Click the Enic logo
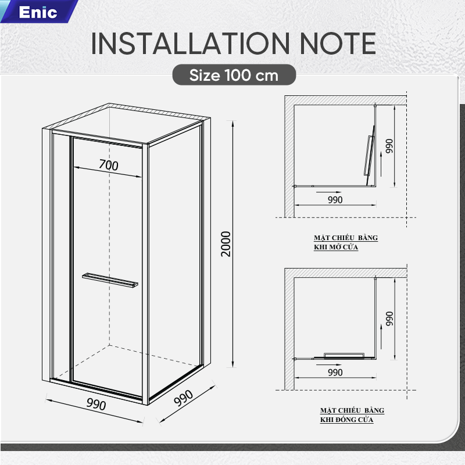(x=38, y=12)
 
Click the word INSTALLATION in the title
(x=191, y=44)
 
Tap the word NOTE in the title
(x=338, y=44)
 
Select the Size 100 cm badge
(x=234, y=75)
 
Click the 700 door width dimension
(x=109, y=165)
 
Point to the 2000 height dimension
(x=226, y=244)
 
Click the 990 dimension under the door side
(x=96, y=404)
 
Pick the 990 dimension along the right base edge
(x=183, y=398)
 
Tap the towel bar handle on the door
(x=110, y=280)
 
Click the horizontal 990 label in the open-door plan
(x=335, y=200)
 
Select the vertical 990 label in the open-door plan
(x=389, y=146)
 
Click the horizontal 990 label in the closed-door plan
(x=335, y=373)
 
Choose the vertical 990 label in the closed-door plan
(x=389, y=319)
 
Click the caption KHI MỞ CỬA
(x=336, y=247)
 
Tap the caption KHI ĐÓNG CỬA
(x=346, y=420)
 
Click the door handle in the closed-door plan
(x=344, y=355)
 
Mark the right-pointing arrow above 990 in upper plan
(x=329, y=192)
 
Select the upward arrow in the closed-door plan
(x=381, y=337)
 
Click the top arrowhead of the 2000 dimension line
(x=233, y=123)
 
